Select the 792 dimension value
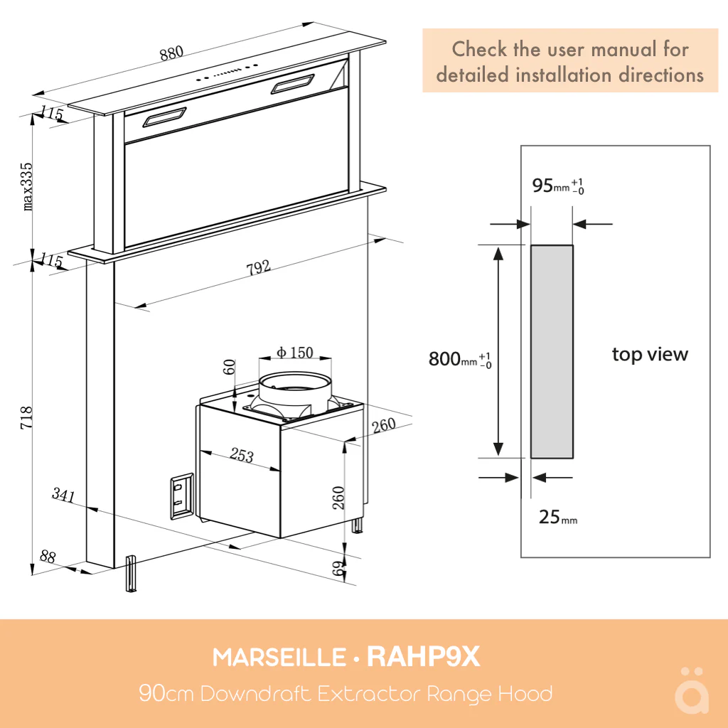[258, 267]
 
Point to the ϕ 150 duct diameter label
[294, 353]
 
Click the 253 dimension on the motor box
[242, 456]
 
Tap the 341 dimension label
[63, 495]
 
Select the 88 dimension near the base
[48, 557]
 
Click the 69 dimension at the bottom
[339, 567]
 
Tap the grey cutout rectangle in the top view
[552, 351]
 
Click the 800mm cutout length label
[459, 359]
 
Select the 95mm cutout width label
[558, 186]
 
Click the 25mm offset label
[557, 518]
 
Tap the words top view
[650, 354]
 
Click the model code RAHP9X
[423, 658]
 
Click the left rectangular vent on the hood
[164, 117]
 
